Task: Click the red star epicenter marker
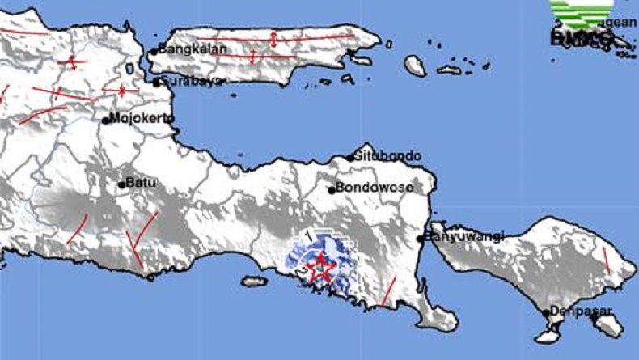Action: (x=321, y=267)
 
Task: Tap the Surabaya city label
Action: (x=191, y=81)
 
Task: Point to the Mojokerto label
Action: (x=141, y=120)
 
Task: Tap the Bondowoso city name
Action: (x=375, y=188)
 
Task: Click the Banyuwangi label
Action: (x=466, y=236)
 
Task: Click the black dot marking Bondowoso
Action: (x=332, y=189)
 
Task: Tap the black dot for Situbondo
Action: (x=350, y=158)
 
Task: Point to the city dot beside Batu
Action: (x=122, y=184)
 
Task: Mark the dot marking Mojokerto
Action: (x=105, y=121)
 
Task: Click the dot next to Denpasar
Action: (x=548, y=311)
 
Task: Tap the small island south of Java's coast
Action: (x=254, y=282)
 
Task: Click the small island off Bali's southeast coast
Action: (x=631, y=324)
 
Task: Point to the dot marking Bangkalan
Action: (x=154, y=52)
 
